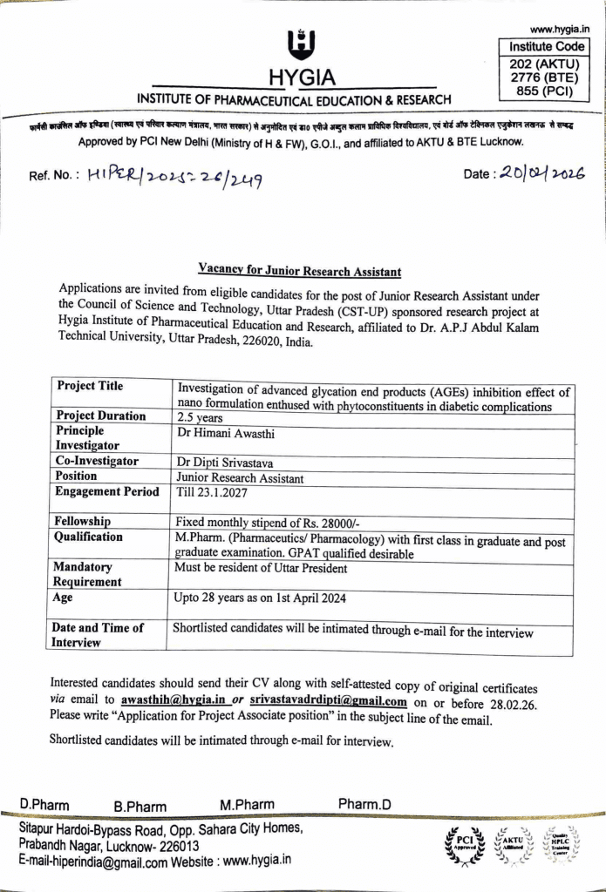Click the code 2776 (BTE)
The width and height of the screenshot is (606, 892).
click(x=547, y=76)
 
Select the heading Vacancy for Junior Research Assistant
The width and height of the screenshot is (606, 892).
click(x=299, y=271)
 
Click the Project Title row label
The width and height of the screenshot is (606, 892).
click(x=90, y=387)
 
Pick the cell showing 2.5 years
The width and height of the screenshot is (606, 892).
click(x=200, y=416)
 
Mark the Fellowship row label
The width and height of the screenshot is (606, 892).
click(x=84, y=521)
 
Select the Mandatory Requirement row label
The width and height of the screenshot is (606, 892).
click(x=89, y=574)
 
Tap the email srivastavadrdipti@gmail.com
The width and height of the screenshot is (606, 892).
click(x=329, y=700)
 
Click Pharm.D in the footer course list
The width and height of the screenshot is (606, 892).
click(x=364, y=804)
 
